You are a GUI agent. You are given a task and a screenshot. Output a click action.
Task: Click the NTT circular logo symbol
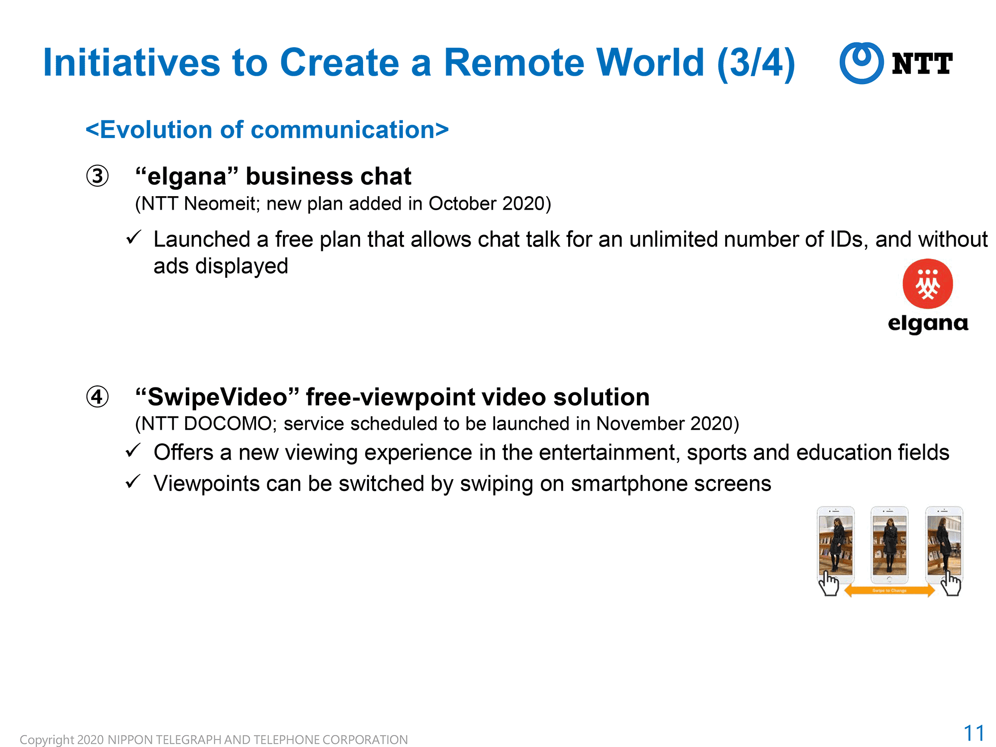click(862, 63)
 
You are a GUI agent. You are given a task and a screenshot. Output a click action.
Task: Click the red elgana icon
click(928, 284)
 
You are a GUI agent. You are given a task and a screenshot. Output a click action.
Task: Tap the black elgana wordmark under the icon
click(928, 324)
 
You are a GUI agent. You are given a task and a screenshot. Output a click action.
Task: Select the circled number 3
click(97, 176)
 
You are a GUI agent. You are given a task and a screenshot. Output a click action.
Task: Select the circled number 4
click(97, 397)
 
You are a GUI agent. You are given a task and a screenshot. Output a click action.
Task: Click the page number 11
click(974, 733)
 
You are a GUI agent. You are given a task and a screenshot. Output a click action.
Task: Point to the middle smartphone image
click(889, 545)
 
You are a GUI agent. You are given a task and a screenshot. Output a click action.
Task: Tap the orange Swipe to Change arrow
click(889, 591)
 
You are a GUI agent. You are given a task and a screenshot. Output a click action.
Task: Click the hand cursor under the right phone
click(951, 583)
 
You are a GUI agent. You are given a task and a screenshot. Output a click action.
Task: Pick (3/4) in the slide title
click(756, 64)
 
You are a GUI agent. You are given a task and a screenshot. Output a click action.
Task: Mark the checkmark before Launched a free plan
click(133, 237)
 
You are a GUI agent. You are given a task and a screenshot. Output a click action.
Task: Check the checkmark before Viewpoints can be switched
click(133, 481)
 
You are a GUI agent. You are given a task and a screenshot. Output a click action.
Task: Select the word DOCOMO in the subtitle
click(228, 424)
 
